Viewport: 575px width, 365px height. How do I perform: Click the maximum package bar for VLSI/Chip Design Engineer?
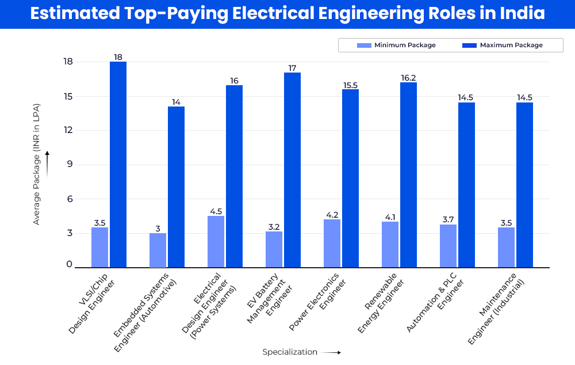coord(118,164)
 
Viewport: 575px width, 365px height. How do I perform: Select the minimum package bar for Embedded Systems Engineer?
coord(158,250)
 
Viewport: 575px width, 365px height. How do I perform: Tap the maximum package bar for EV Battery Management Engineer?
coord(292,170)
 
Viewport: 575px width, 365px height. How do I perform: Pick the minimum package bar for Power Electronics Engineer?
coord(332,243)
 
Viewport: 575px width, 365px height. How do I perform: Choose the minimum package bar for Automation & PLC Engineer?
coord(448,246)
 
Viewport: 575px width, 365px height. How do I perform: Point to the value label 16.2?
coord(408,77)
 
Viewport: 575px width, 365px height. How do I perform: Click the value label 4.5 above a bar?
coord(216,211)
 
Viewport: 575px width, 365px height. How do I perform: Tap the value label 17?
coord(292,68)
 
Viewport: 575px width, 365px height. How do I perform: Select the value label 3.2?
coord(274,226)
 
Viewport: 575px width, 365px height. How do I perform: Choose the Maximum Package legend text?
coord(511,45)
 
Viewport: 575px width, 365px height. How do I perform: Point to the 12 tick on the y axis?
coord(68,130)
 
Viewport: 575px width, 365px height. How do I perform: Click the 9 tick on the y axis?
coord(69,165)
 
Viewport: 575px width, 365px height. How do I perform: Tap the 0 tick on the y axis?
coord(69,264)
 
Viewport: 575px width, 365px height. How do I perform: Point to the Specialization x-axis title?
coord(290,352)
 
